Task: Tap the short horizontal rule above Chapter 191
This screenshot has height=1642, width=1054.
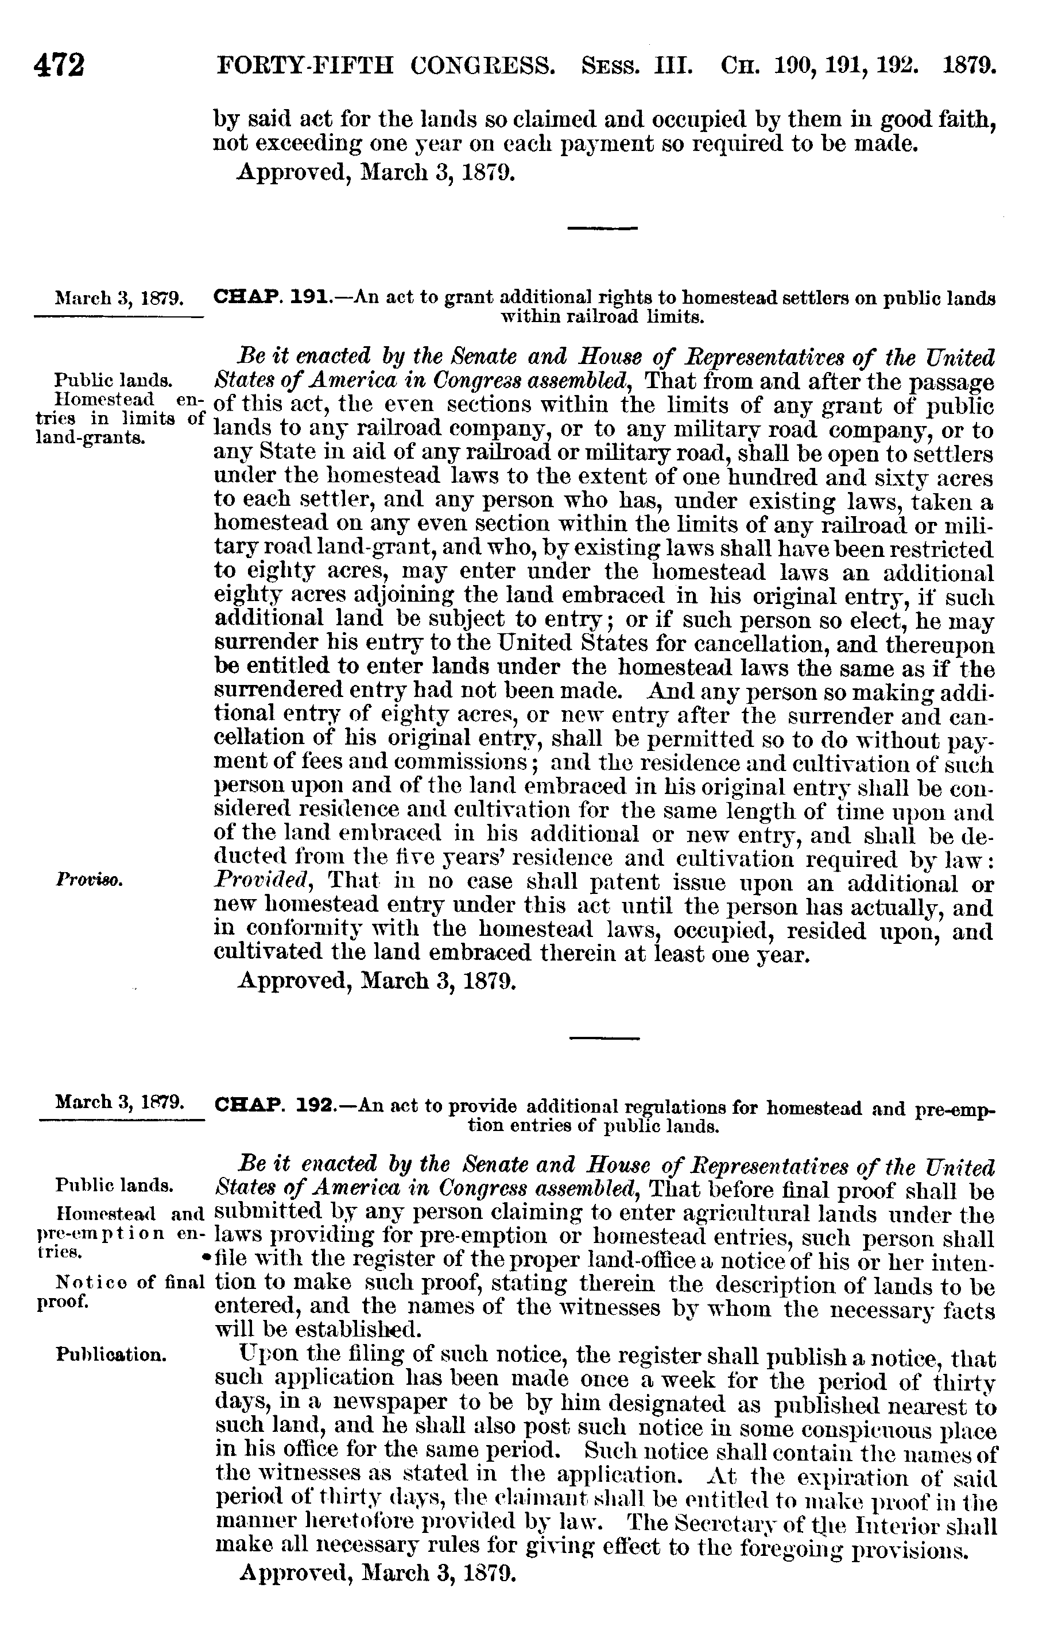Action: [x=603, y=227]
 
